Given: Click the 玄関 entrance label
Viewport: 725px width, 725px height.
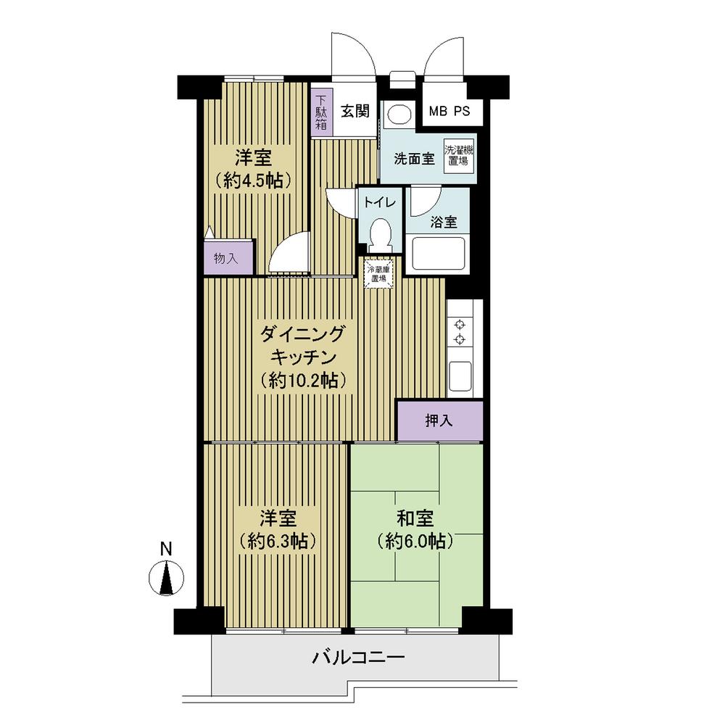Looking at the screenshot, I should tap(355, 111).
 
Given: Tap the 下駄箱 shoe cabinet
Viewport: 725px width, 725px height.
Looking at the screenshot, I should tap(320, 112).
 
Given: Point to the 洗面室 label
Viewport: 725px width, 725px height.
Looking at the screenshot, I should tap(414, 159).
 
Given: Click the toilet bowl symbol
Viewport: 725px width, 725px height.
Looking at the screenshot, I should tap(380, 233).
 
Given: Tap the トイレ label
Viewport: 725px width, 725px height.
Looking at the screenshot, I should tap(379, 202).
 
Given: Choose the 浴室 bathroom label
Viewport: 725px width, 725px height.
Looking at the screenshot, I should tap(444, 223).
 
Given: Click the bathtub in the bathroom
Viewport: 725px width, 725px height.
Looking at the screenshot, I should tap(437, 253).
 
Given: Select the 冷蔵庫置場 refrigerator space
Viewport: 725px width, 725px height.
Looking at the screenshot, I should tap(379, 273).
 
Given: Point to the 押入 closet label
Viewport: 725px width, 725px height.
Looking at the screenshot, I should tap(439, 420).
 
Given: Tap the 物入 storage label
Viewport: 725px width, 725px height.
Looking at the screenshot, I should tap(225, 258).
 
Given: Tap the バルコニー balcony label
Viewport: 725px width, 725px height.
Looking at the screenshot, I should tap(358, 658).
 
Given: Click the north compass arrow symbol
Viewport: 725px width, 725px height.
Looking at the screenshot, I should tap(166, 579).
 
